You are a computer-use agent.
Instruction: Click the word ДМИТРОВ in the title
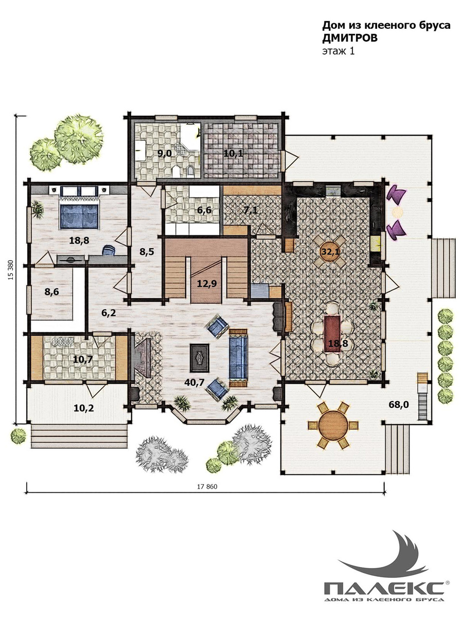[350, 38]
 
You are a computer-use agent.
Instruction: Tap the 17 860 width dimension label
[207, 487]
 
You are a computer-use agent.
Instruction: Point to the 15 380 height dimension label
[11, 271]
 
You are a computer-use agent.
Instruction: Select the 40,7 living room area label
[194, 382]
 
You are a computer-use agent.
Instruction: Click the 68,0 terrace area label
[399, 405]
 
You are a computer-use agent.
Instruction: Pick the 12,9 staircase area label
[207, 284]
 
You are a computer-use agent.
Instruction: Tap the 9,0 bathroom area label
[165, 153]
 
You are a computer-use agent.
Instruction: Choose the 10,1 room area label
[234, 153]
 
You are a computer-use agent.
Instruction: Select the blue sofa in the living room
[238, 357]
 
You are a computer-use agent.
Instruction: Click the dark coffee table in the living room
[199, 358]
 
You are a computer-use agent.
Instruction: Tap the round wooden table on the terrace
[333, 425]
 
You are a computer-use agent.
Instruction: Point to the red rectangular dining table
[332, 334]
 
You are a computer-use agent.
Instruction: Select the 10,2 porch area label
[84, 408]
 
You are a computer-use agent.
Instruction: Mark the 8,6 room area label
[52, 292]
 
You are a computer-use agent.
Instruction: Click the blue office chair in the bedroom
[109, 250]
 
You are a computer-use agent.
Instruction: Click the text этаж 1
[339, 51]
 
